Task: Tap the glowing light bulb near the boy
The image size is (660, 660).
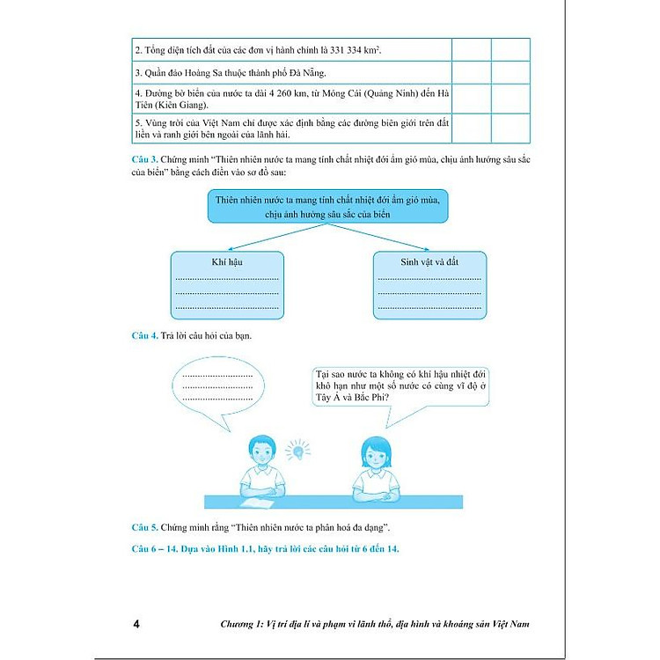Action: tap(300, 450)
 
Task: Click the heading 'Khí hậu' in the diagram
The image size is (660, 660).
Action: tap(226, 261)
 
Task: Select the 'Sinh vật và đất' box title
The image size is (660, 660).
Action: tap(429, 261)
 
